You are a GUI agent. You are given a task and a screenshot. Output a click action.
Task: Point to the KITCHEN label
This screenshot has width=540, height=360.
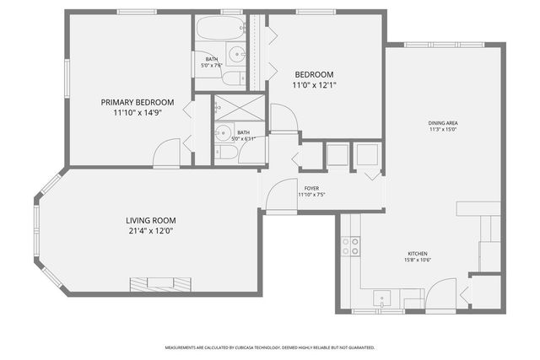coord(418,254)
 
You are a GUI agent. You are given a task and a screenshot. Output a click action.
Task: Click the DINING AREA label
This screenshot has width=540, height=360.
coord(442,123)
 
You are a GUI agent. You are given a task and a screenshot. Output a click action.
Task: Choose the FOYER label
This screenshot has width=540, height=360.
coord(311,188)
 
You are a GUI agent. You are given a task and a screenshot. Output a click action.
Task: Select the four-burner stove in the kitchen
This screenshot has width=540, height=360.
coord(350,245)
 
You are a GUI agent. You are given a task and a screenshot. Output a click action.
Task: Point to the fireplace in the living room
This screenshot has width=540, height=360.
coord(159,282)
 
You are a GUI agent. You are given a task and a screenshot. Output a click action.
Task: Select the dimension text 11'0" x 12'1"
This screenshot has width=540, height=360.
coord(314,85)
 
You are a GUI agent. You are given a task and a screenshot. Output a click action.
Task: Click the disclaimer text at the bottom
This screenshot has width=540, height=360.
coord(269,347)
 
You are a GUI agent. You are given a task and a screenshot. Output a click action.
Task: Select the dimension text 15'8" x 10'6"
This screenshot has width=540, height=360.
coord(418,261)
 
